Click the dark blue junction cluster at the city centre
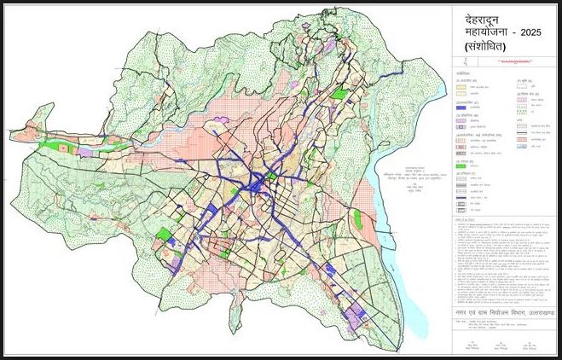[x=255, y=182]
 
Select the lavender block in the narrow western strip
[x=85, y=151]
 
